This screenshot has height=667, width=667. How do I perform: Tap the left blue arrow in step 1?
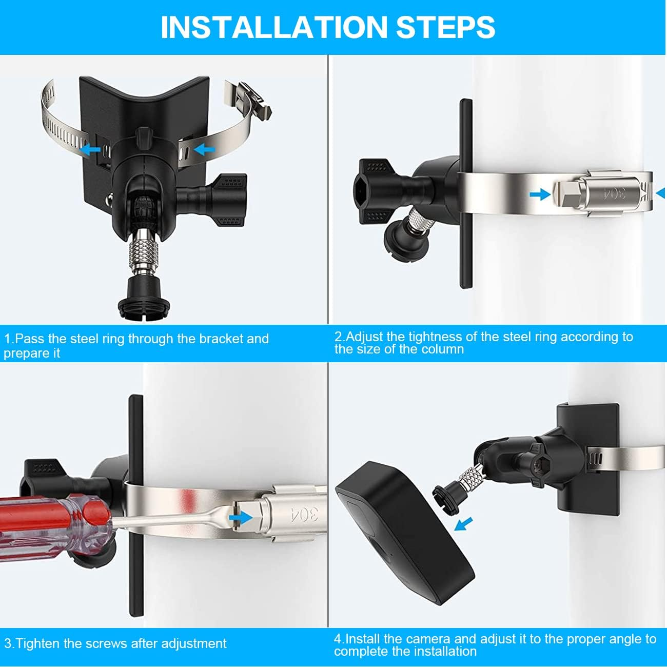(91, 150)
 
